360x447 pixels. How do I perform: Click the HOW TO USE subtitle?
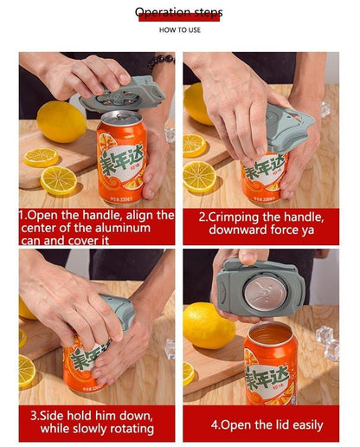[x=179, y=29]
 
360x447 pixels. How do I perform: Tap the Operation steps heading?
[x=179, y=12]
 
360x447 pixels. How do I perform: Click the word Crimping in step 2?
[x=235, y=216]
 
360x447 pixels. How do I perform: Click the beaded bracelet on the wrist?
[x=160, y=62]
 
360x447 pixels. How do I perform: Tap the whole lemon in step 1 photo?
[x=61, y=121]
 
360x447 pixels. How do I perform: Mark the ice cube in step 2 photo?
[x=325, y=109]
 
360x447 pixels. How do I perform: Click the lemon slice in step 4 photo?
[x=189, y=372]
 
